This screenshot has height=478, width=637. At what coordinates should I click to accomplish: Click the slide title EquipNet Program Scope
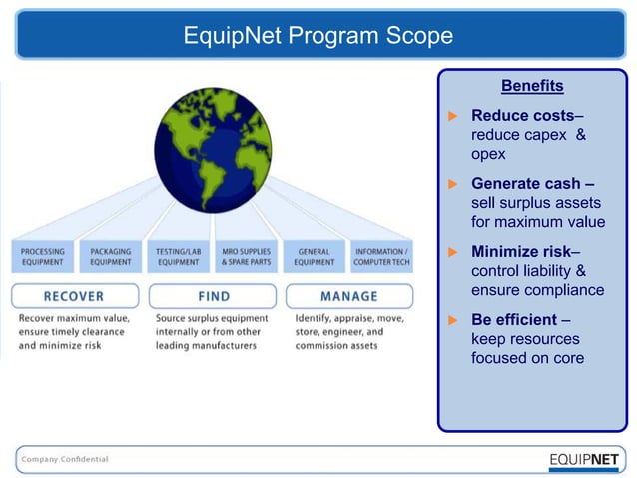[x=318, y=37]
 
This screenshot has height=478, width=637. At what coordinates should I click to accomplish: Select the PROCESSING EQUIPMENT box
[x=42, y=257]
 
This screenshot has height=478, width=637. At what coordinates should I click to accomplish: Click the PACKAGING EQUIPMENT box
[x=110, y=257]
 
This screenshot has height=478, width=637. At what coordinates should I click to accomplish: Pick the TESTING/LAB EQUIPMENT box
[x=178, y=257]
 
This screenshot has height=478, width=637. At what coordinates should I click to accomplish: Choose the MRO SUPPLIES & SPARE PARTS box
[x=246, y=257]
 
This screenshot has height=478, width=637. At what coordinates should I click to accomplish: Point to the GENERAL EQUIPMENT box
[x=314, y=257]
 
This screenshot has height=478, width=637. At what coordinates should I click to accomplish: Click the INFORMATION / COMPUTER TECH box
[x=380, y=257]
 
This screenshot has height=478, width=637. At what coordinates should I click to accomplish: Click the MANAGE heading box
[x=348, y=296]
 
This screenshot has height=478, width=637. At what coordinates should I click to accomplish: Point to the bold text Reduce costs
[x=522, y=115]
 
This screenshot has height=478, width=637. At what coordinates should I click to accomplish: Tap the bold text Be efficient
[x=514, y=321]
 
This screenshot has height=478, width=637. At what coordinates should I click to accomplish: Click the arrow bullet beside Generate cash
[x=450, y=184]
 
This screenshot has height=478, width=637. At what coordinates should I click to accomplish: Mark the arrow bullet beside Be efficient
[x=450, y=321]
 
